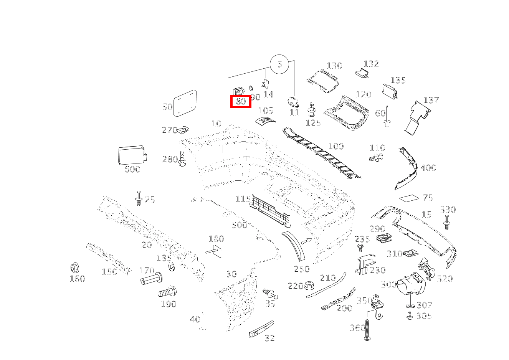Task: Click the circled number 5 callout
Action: pyautogui.click(x=279, y=64)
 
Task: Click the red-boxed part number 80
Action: pyautogui.click(x=241, y=102)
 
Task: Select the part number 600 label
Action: pyautogui.click(x=132, y=169)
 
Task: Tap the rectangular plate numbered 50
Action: pyautogui.click(x=185, y=103)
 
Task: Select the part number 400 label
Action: pyautogui.click(x=428, y=168)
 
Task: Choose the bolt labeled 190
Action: pyautogui.click(x=167, y=292)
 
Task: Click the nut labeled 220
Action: pyautogui.click(x=309, y=286)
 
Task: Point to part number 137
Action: pyautogui.click(x=431, y=100)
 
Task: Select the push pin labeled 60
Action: pyautogui.click(x=387, y=117)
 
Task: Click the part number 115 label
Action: pyautogui.click(x=243, y=199)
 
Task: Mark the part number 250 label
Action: pyautogui.click(x=301, y=269)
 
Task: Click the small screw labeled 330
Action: pyautogui.click(x=446, y=222)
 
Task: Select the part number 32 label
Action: pyautogui.click(x=269, y=338)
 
